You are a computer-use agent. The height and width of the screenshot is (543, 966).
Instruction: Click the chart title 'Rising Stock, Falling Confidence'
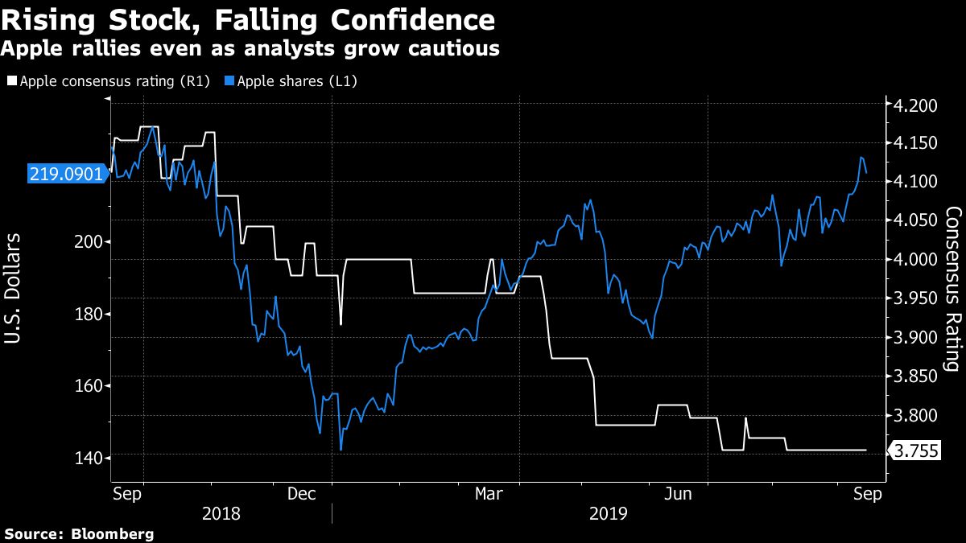(x=248, y=19)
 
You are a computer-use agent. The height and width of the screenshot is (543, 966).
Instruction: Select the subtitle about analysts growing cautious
(x=250, y=49)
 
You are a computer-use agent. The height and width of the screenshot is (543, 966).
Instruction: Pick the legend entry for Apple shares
(x=295, y=81)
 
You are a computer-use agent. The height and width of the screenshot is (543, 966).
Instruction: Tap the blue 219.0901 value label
(x=66, y=173)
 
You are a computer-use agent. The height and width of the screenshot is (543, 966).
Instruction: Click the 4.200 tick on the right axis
(x=911, y=105)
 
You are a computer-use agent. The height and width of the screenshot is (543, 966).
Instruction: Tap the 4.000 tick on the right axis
(x=911, y=260)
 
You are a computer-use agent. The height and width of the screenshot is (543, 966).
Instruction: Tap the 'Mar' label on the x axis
(x=489, y=494)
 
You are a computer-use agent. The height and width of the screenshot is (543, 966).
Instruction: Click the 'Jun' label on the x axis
(x=678, y=494)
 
